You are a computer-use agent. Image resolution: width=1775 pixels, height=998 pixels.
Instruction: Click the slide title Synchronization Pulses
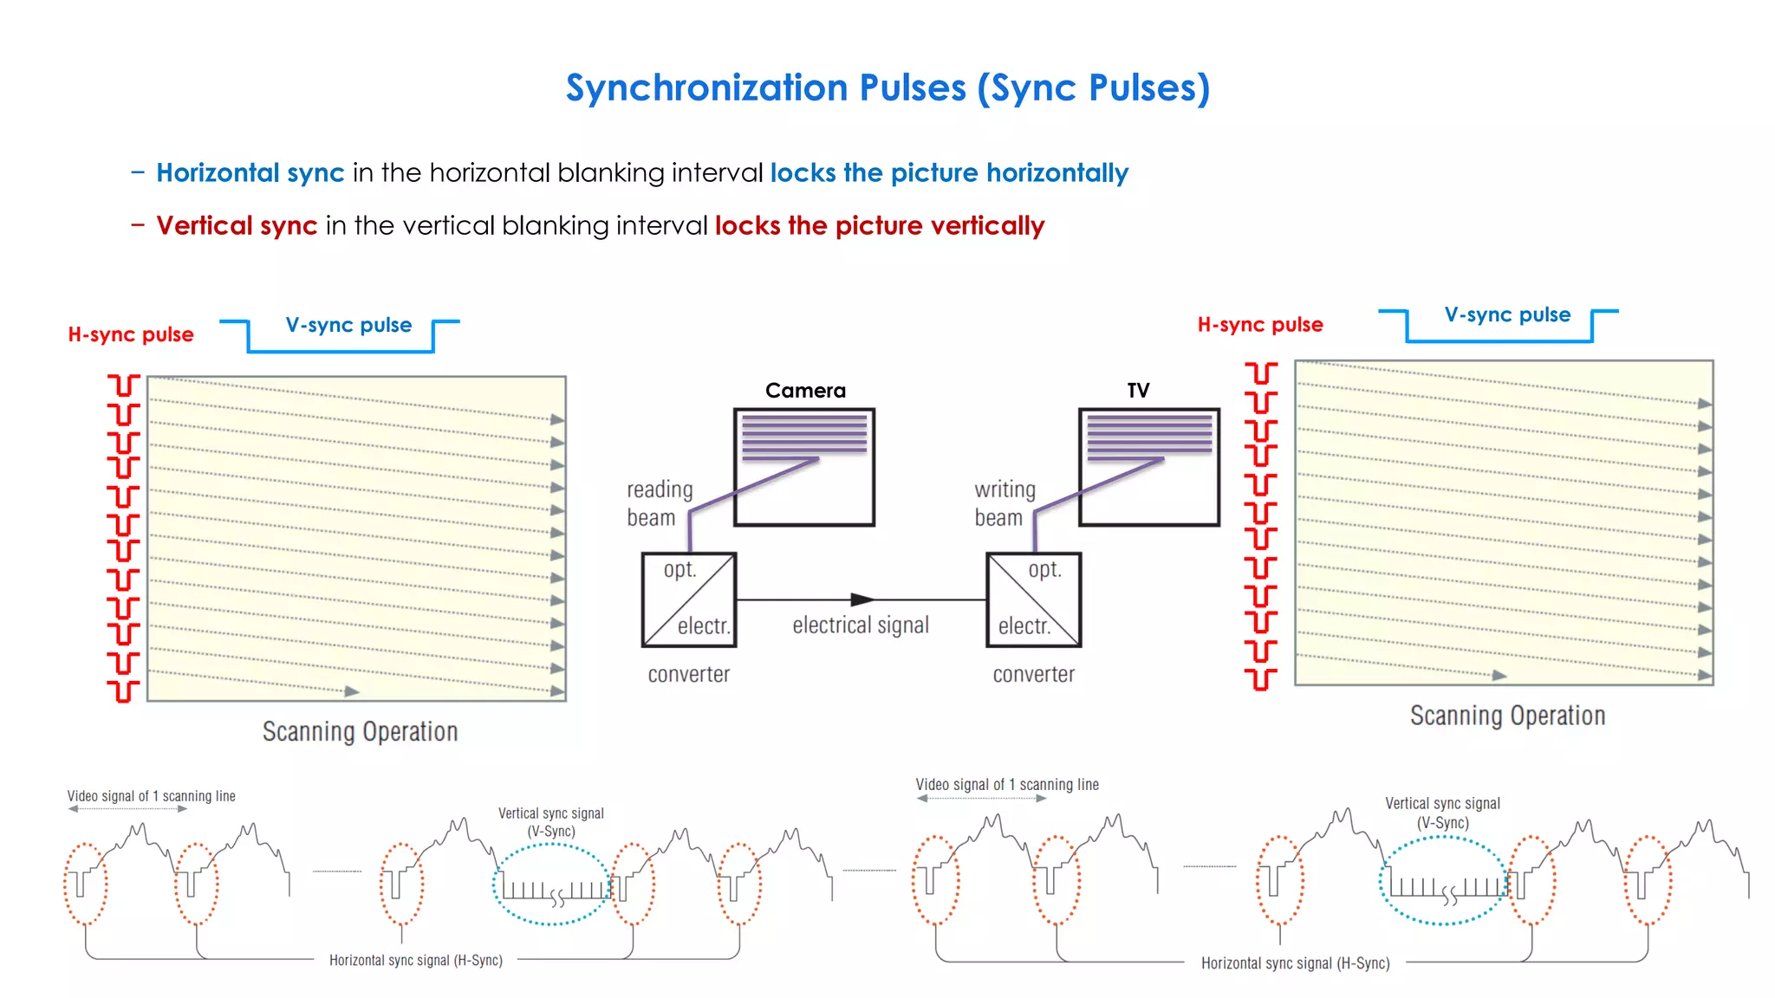887,88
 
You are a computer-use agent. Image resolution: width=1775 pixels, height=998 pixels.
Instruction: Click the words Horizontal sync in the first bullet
250,173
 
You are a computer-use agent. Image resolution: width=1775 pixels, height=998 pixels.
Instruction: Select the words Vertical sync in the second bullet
237,226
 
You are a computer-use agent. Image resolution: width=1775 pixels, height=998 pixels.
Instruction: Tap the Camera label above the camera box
804,391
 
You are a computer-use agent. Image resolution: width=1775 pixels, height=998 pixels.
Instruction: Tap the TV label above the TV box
1138,391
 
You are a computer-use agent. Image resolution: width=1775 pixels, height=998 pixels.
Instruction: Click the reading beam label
659,503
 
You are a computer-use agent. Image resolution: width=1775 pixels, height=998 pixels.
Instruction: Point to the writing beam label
1004,503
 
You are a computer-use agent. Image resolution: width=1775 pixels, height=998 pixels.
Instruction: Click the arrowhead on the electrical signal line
862,599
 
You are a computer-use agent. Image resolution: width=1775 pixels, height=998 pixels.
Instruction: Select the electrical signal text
860,625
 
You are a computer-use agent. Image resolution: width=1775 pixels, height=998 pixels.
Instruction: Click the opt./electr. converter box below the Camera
689,599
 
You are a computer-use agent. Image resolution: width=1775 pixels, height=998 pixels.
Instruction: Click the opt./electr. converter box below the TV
1033,599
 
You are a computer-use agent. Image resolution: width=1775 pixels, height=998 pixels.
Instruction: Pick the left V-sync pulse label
348,326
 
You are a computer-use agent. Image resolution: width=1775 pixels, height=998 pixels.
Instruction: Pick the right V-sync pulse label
1506,315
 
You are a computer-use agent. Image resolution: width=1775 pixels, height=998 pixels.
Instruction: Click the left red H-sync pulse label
131,335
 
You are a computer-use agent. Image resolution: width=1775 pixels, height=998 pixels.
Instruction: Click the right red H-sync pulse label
1259,326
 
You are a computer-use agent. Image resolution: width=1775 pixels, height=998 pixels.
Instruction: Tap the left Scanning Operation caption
360,732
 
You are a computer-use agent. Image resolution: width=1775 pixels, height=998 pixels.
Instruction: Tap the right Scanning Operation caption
1506,716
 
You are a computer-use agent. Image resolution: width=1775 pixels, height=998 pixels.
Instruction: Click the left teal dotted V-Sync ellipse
552,885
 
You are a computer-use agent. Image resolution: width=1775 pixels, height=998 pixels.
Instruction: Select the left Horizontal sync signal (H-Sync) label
415,961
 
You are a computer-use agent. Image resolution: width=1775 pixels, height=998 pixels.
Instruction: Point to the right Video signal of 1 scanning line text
1006,785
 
